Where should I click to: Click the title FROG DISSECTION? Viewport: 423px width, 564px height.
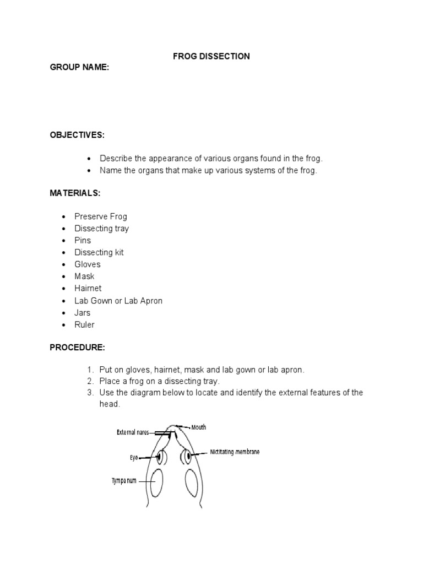(211, 56)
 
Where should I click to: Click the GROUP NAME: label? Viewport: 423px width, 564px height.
(79, 67)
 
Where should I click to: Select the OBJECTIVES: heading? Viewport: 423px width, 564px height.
(77, 135)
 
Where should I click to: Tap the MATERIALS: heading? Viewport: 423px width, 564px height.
(75, 193)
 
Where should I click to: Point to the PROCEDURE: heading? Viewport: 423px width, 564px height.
(77, 348)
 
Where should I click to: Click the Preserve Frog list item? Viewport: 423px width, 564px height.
(101, 216)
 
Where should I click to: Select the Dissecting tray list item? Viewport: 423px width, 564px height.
(102, 229)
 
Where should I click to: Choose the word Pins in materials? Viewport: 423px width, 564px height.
(83, 241)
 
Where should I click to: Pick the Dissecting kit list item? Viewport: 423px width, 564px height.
(99, 252)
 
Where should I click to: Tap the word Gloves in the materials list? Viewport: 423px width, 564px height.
(88, 264)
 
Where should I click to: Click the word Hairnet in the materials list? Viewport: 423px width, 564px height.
(88, 288)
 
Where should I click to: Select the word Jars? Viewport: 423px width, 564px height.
(83, 312)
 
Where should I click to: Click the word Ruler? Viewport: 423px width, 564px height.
(84, 324)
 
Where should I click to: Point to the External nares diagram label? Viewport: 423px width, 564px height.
(133, 432)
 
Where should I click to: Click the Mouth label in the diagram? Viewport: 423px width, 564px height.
(198, 427)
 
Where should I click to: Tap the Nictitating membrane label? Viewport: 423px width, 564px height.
(235, 452)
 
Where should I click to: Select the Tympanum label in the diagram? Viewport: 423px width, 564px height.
(124, 481)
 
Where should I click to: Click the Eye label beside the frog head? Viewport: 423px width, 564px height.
(134, 457)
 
